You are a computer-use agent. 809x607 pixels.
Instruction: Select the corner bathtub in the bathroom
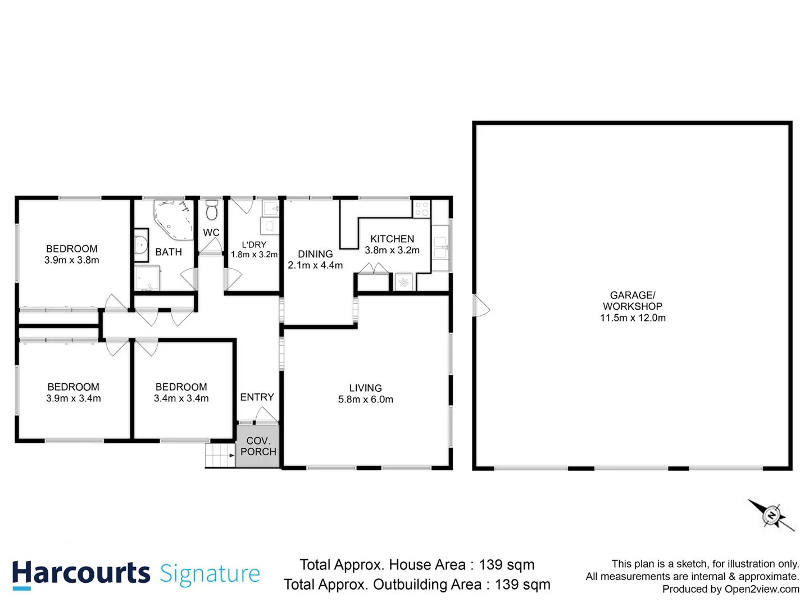(x=172, y=219)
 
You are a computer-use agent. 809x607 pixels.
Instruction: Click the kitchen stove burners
(x=421, y=209)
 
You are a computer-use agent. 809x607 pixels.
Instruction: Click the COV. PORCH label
(x=258, y=446)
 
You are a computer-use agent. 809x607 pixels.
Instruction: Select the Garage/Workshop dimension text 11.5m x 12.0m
(x=633, y=318)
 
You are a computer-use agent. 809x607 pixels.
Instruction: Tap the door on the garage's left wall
(x=481, y=306)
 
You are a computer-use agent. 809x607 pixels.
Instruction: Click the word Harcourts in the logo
(x=81, y=573)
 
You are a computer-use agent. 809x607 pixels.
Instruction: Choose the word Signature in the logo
(x=210, y=574)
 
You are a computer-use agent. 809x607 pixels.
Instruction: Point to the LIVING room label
(x=365, y=388)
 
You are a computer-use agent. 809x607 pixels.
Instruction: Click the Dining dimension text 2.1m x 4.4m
(x=315, y=265)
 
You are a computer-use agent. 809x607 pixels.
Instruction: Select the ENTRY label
(x=257, y=397)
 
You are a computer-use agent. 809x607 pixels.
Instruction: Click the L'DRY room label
(x=254, y=244)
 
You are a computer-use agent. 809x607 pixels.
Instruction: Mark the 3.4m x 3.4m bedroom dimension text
(x=181, y=398)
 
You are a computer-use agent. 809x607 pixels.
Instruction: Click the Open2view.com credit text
(x=761, y=589)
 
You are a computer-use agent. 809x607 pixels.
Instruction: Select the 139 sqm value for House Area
(x=506, y=565)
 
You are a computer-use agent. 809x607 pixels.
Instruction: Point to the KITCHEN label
(x=392, y=239)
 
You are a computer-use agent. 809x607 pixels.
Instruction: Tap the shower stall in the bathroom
(x=147, y=279)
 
